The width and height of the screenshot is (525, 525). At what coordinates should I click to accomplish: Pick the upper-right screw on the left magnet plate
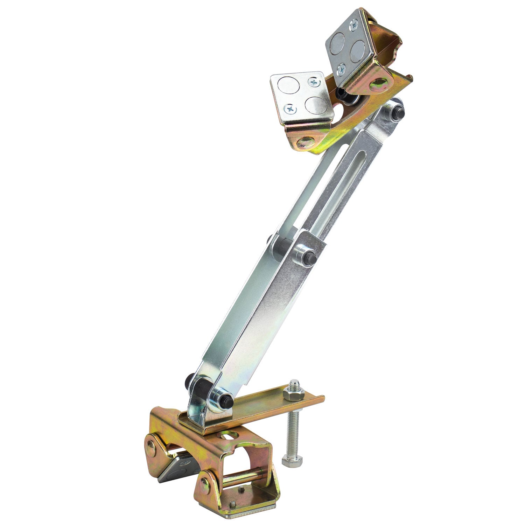pos(314,83)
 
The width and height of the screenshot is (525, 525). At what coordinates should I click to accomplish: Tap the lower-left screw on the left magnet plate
pos(290,110)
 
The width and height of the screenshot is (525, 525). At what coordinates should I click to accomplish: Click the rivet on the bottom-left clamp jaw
pos(151,446)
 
